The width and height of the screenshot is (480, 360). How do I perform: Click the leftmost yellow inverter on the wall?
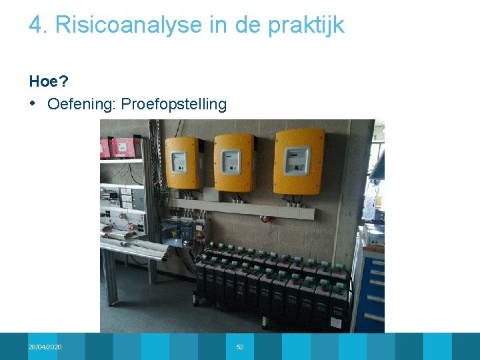[x=183, y=163]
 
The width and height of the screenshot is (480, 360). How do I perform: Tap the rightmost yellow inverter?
[x=299, y=161]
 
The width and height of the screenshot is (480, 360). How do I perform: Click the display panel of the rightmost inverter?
[x=297, y=159]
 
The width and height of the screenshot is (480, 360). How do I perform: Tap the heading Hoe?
[x=49, y=81]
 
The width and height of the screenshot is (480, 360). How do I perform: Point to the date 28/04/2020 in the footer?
[x=45, y=347]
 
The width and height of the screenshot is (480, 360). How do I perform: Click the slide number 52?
[x=240, y=347]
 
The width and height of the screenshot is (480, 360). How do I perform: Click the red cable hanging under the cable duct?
[x=267, y=219]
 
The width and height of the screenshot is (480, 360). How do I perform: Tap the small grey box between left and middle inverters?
[x=209, y=194]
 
